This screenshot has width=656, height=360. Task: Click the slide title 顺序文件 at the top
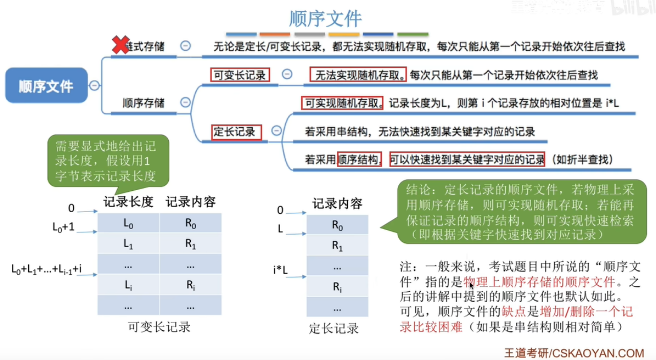325,19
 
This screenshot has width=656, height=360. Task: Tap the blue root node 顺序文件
46,85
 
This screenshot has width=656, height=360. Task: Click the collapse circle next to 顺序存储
186,102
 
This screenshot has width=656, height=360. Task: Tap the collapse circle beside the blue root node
94,85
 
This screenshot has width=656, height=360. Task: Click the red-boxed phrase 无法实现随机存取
358,75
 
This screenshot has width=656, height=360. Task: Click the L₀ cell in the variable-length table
128,223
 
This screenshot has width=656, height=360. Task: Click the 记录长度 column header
128,201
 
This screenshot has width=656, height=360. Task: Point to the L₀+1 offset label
63,228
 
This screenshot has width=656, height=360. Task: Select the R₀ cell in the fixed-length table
337,224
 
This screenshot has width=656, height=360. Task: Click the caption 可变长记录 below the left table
159,327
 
